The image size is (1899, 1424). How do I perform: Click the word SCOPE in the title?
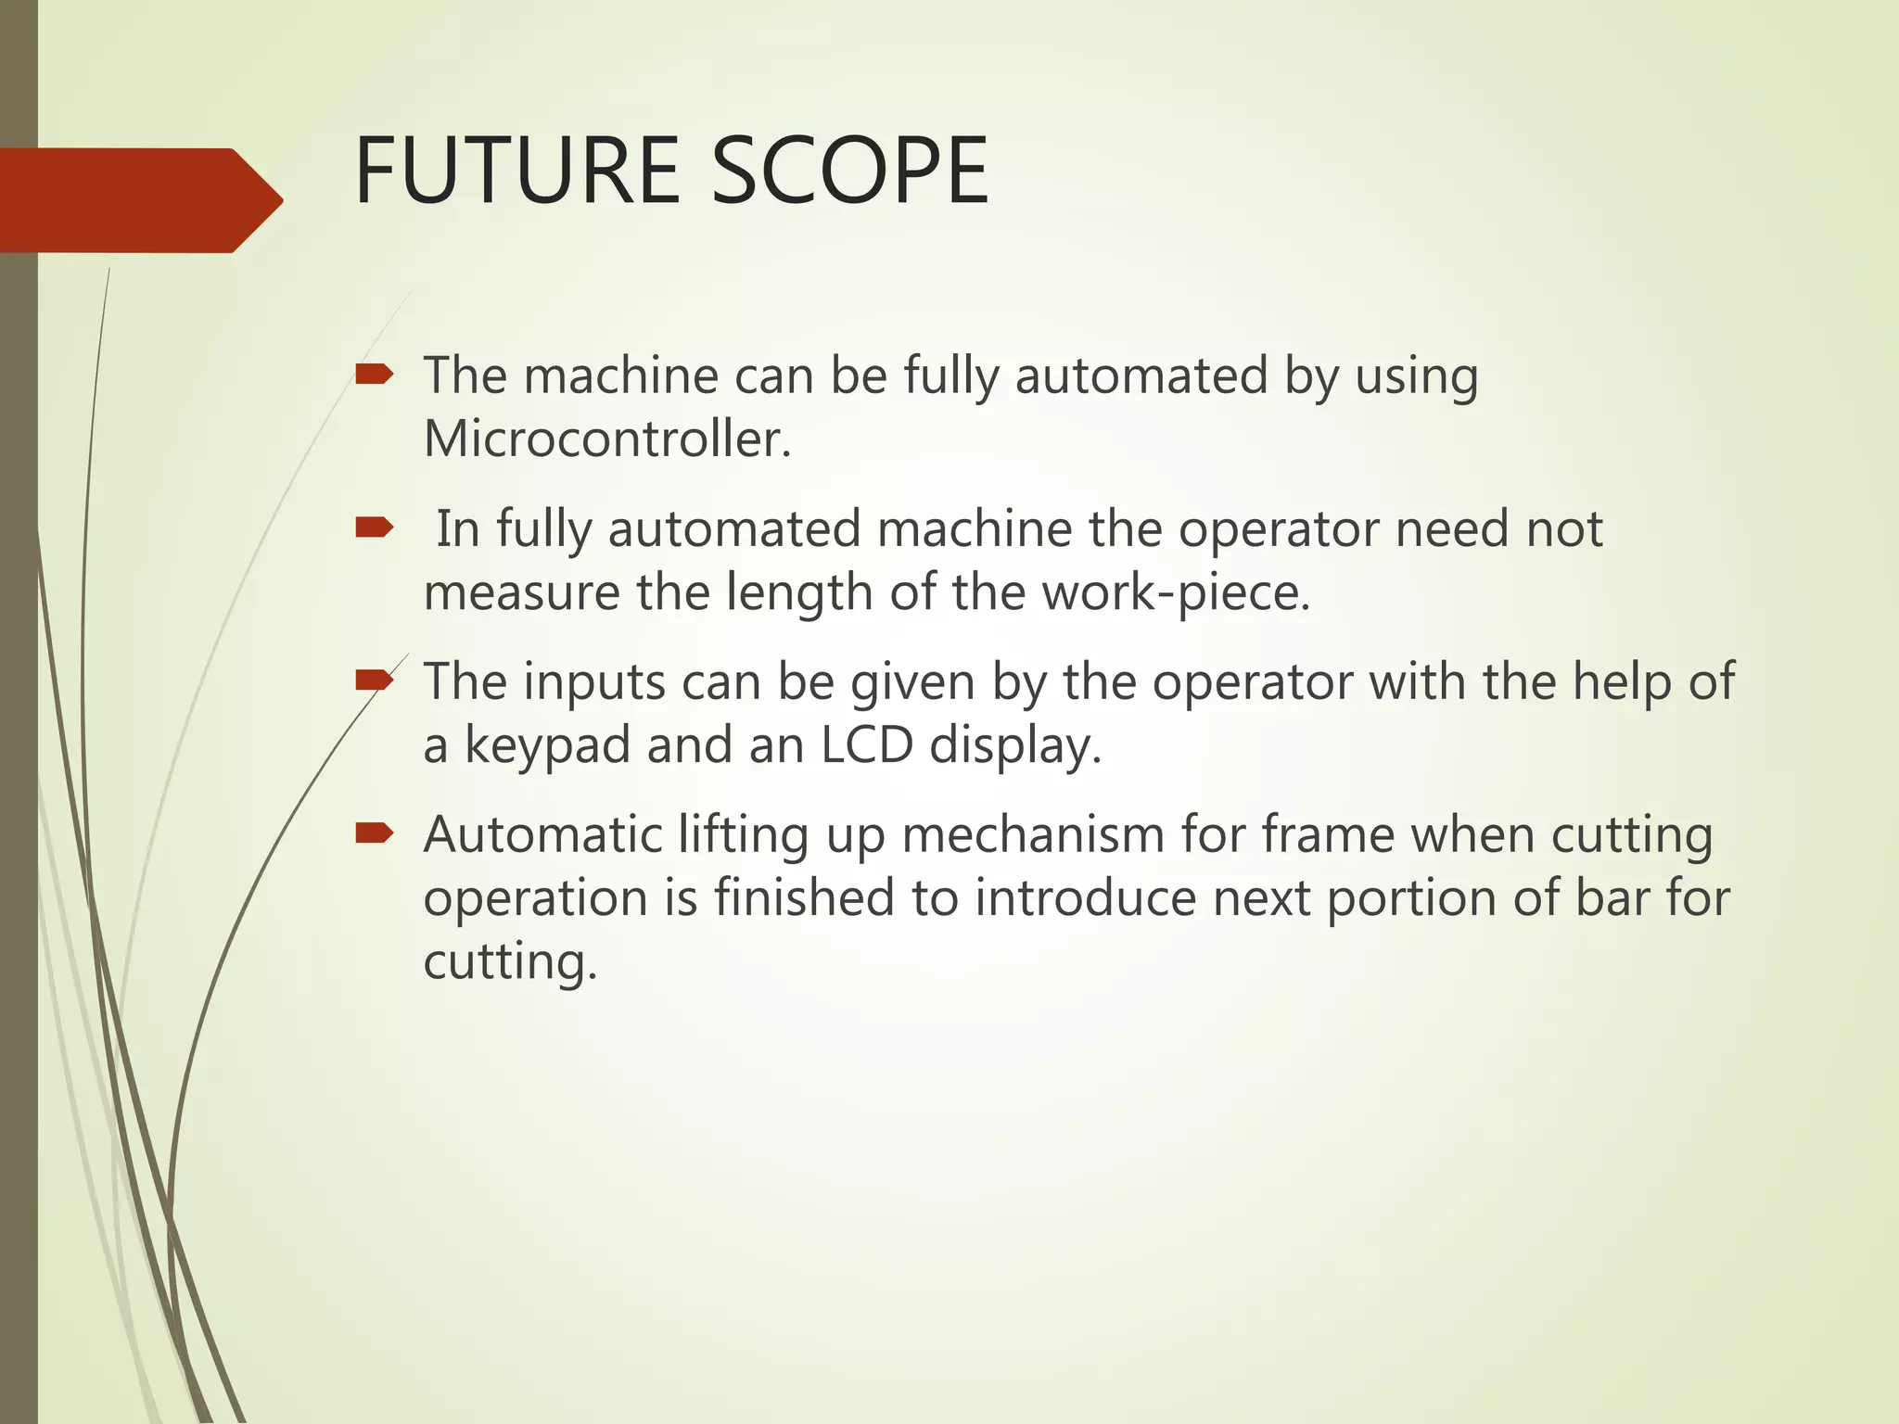coord(849,172)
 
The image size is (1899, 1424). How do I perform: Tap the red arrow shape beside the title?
coord(139,200)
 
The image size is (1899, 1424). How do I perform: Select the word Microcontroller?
coord(606,439)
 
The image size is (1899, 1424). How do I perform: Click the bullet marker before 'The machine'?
coord(375,375)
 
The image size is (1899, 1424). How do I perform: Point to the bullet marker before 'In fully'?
coord(375,528)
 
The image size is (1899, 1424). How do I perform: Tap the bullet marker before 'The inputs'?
coord(375,681)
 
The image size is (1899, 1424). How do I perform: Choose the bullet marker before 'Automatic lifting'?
coord(375,834)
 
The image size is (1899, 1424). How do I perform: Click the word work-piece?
coord(1175,593)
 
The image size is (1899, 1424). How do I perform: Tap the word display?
coord(1014,746)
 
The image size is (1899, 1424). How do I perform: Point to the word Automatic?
coord(542,834)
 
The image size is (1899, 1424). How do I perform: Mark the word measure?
coord(521,593)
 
